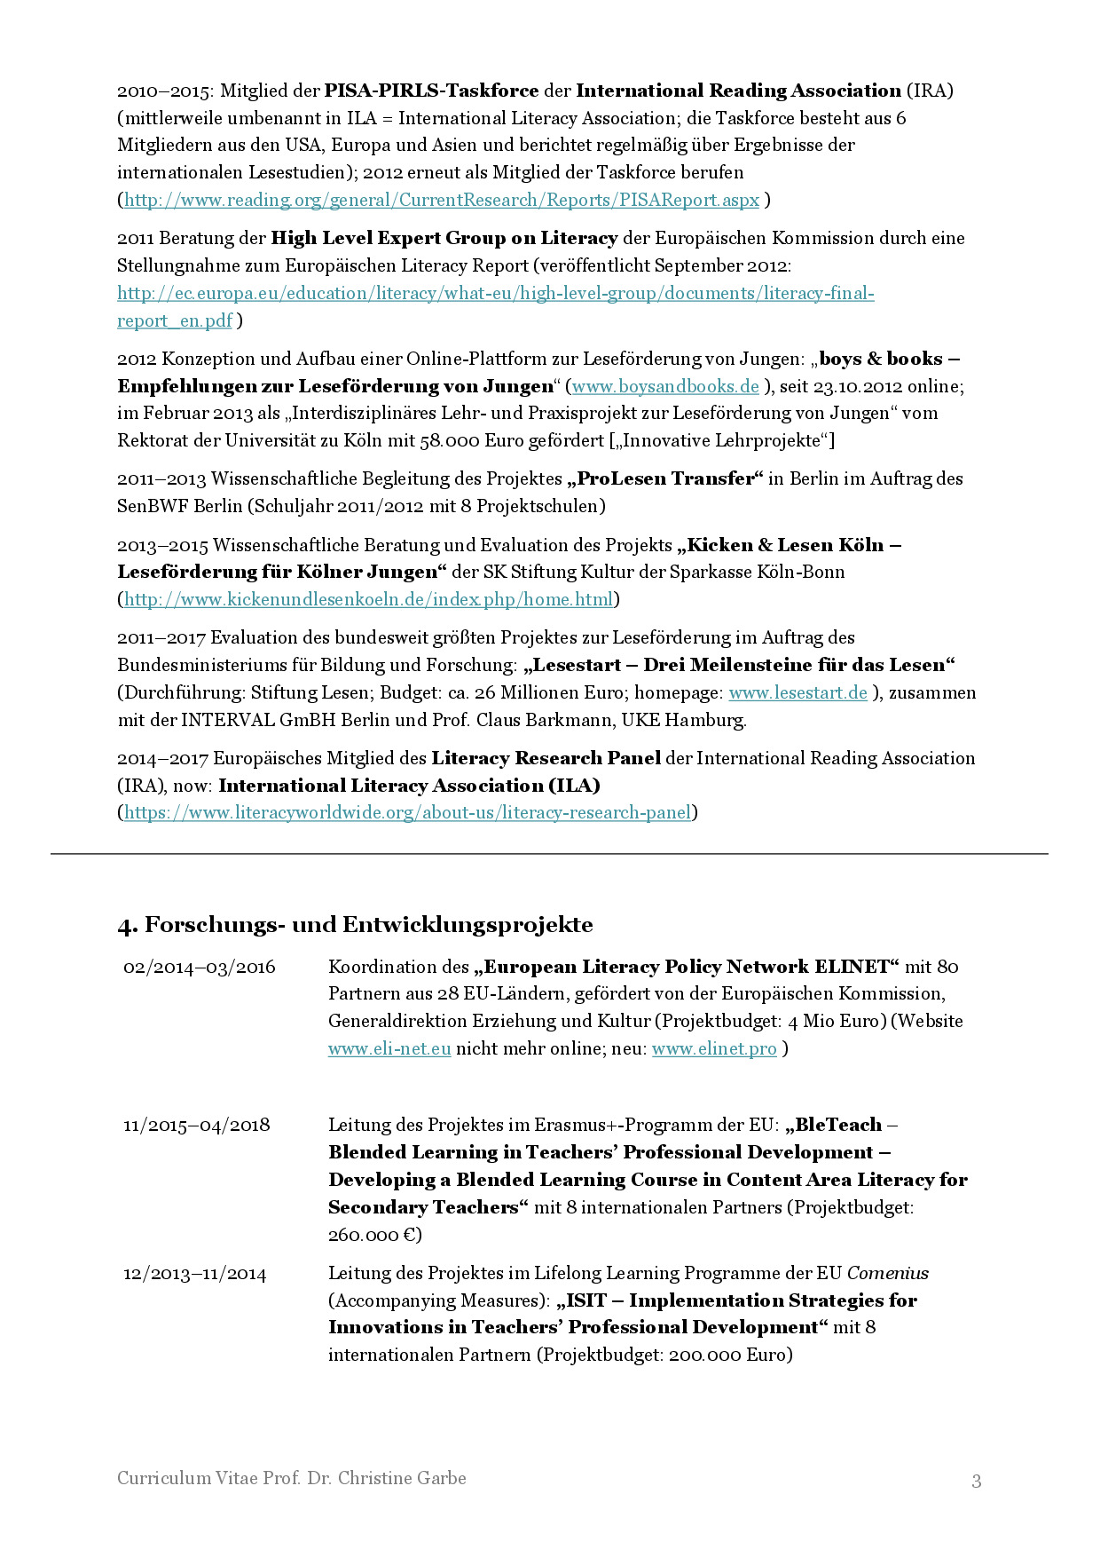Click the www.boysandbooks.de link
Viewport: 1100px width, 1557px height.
click(x=665, y=386)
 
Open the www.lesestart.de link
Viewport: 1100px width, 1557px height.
click(x=797, y=692)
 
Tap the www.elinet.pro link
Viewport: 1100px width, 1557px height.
click(x=714, y=1048)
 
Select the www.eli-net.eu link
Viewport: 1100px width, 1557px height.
click(x=389, y=1048)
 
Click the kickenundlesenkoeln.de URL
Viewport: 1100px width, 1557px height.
click(x=368, y=599)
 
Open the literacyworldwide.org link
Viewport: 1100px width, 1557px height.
click(x=407, y=812)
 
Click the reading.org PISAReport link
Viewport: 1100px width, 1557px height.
click(x=441, y=200)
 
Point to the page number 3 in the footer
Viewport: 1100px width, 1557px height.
click(x=977, y=1480)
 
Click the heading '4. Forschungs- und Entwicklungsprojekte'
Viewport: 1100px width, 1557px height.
click(x=355, y=924)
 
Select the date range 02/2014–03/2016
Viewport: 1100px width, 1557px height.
click(x=200, y=967)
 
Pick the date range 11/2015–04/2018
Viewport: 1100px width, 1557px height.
click(x=197, y=1125)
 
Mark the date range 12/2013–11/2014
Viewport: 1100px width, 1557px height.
click(x=195, y=1274)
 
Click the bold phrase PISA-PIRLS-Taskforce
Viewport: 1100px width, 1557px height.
click(x=431, y=91)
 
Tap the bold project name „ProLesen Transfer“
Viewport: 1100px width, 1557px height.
click(x=665, y=478)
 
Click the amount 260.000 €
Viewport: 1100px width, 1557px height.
click(x=374, y=1235)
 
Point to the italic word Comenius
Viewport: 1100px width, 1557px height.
click(x=888, y=1273)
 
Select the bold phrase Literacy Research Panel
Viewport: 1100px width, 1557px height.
click(x=546, y=758)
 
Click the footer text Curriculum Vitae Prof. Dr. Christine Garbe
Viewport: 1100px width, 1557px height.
click(x=292, y=1478)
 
